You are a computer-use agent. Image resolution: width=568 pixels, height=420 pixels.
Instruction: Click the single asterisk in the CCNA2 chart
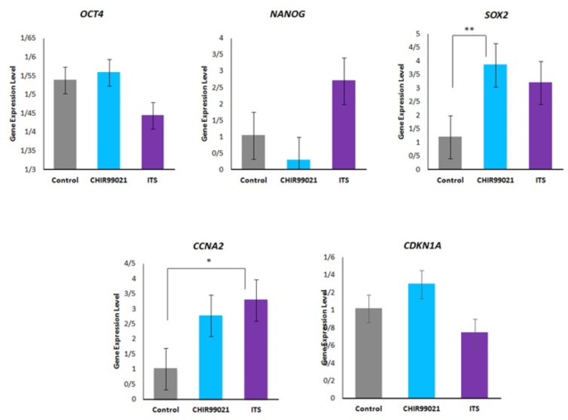tap(207, 258)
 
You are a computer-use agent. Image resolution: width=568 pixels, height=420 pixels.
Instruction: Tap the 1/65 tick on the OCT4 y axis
tap(28, 38)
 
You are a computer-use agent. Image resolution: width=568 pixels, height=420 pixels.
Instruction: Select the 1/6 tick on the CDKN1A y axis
tap(330, 258)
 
